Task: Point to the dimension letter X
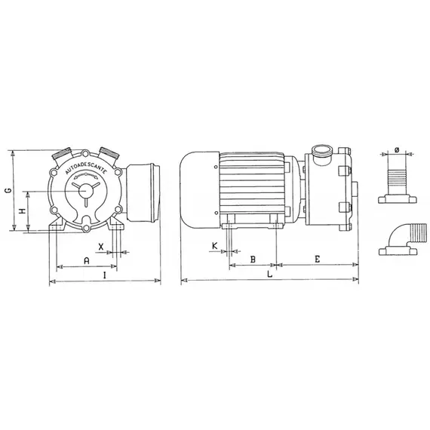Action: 101,247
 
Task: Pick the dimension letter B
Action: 253,259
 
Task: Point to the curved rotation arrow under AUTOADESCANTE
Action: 86,180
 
